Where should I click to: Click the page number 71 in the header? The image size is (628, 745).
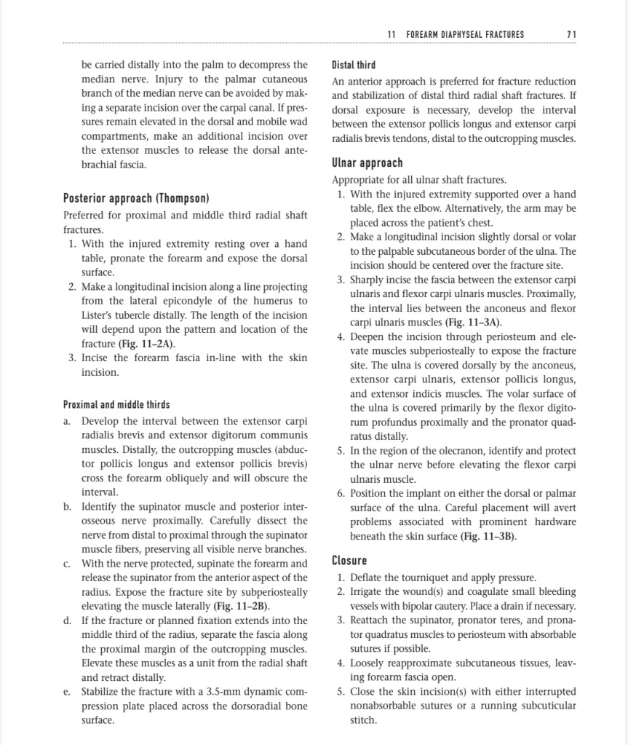click(x=571, y=34)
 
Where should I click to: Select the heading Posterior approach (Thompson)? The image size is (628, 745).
click(x=136, y=198)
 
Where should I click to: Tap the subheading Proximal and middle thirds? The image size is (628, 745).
click(x=116, y=404)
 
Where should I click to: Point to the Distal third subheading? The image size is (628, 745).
click(x=354, y=65)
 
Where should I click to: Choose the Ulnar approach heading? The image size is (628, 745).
click(x=367, y=162)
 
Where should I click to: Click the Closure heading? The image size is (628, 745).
click(x=349, y=560)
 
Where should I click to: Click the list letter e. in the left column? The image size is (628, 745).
click(x=67, y=691)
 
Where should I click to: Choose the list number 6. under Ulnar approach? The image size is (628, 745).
click(x=341, y=493)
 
